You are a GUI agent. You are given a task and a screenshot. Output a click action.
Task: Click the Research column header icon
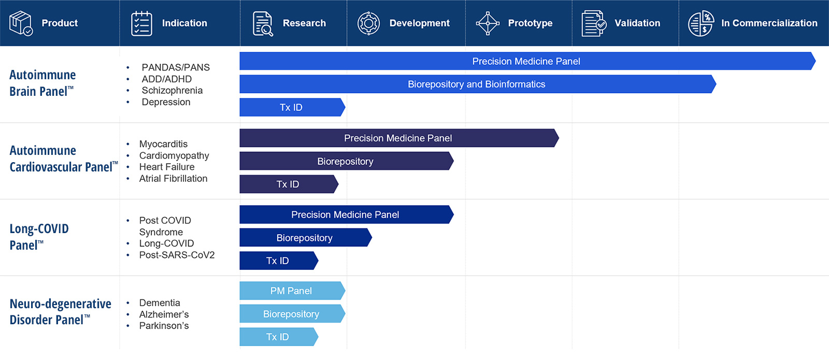pos(263,23)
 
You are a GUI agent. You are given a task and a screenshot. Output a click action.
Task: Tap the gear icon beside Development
pos(368,23)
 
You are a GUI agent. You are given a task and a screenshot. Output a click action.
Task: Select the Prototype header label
pos(530,23)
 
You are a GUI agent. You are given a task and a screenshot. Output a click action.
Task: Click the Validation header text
pos(637,23)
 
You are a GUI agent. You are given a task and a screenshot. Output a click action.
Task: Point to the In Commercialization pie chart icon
pos(701,23)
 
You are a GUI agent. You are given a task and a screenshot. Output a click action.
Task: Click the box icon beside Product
pos(21,23)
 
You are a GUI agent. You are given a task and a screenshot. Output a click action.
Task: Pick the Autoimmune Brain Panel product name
pos(42,83)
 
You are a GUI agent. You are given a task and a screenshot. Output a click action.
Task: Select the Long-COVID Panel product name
pos(39,237)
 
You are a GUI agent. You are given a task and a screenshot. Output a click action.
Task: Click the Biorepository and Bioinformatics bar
pos(476,84)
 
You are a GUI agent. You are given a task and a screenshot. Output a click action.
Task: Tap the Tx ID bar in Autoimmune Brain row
pos(291,107)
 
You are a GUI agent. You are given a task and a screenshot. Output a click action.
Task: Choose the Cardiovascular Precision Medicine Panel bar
pos(398,138)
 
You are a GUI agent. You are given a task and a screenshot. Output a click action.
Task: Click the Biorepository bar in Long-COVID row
pos(305,238)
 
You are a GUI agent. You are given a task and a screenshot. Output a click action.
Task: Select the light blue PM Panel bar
pos(291,291)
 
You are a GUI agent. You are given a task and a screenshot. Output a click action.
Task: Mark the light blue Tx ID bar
pos(278,337)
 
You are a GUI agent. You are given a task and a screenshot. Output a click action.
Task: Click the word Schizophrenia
pos(172,91)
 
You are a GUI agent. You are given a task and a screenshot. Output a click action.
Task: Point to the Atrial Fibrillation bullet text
pos(173,179)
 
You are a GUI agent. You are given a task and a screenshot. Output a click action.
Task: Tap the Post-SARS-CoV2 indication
pos(177,255)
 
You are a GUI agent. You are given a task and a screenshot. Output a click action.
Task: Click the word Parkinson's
pos(164,326)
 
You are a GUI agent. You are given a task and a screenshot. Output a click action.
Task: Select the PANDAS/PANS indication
pos(176,67)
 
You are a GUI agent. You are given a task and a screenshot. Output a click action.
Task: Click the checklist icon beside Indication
pos(141,23)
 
